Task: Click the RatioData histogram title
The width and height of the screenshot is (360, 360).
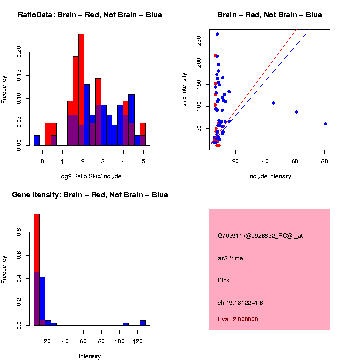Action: (x=90, y=15)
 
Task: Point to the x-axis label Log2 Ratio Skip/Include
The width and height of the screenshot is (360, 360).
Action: (x=90, y=176)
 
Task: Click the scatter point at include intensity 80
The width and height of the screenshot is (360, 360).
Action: (x=325, y=124)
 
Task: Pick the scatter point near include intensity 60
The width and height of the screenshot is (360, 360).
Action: (x=296, y=112)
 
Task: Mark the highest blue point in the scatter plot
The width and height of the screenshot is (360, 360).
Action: (x=217, y=34)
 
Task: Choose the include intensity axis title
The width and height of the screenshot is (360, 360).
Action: (x=270, y=176)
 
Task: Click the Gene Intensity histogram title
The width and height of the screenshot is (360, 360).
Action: (x=90, y=195)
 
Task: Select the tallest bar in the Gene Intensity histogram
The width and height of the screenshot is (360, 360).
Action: (x=37, y=270)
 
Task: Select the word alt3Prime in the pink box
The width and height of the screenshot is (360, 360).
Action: (x=230, y=258)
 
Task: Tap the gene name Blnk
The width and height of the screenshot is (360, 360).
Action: (x=223, y=280)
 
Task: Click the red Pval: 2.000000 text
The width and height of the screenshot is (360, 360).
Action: (x=238, y=319)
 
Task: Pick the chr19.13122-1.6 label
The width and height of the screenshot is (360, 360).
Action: (x=240, y=303)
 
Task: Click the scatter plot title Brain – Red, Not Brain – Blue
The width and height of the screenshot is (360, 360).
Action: (x=270, y=15)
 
